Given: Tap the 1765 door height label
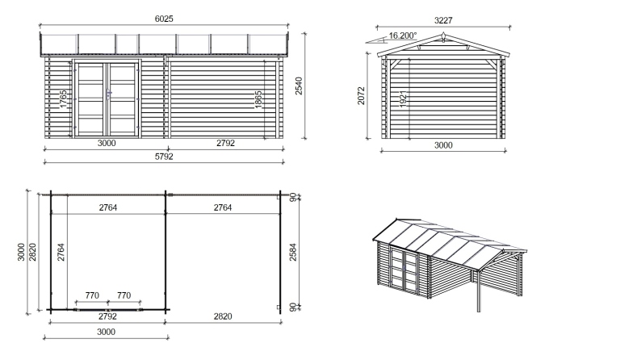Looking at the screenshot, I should click(x=63, y=103).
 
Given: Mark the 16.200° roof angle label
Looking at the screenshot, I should click(x=402, y=36).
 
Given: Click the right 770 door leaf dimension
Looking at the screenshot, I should click(x=124, y=296).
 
